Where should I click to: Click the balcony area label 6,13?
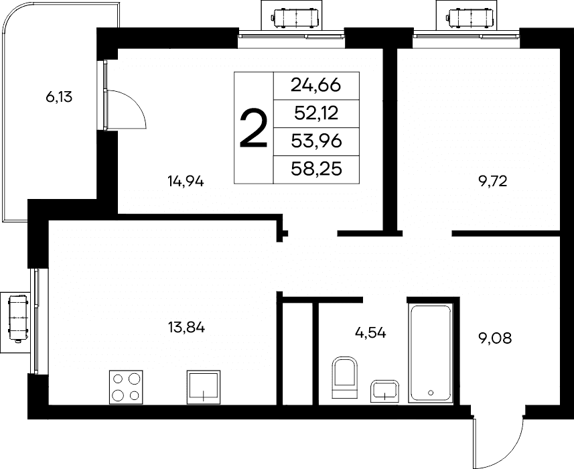pos(59,97)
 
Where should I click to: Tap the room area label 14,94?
pos(186,181)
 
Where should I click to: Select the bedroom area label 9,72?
pos(493,181)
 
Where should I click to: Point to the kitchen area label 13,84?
pos(186,327)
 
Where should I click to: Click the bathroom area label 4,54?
pos(370,333)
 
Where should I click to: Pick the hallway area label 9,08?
pos(495,338)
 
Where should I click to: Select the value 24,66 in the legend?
pos(316,86)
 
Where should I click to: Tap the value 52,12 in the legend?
pos(316,113)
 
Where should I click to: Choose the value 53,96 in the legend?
pos(316,141)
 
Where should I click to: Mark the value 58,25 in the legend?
pos(316,169)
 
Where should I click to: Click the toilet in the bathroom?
pos(344,377)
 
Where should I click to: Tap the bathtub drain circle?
pos(431,393)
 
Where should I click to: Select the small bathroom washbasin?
pos(384,391)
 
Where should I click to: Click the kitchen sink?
pos(204,387)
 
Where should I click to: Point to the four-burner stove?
pos(126,387)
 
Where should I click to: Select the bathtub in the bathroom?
pos(431,353)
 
